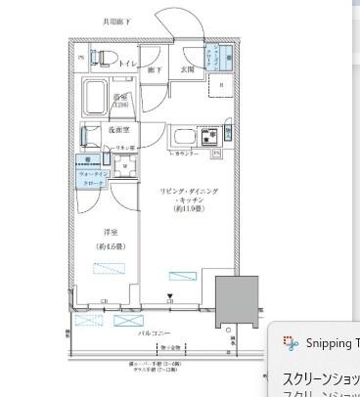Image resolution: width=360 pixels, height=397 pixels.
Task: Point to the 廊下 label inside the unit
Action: (x=155, y=69)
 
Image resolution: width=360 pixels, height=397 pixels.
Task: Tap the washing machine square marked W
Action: (x=126, y=167)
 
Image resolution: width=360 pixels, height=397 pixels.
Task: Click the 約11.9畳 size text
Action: (x=190, y=207)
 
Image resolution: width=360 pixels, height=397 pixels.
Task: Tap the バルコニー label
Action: (x=153, y=333)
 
